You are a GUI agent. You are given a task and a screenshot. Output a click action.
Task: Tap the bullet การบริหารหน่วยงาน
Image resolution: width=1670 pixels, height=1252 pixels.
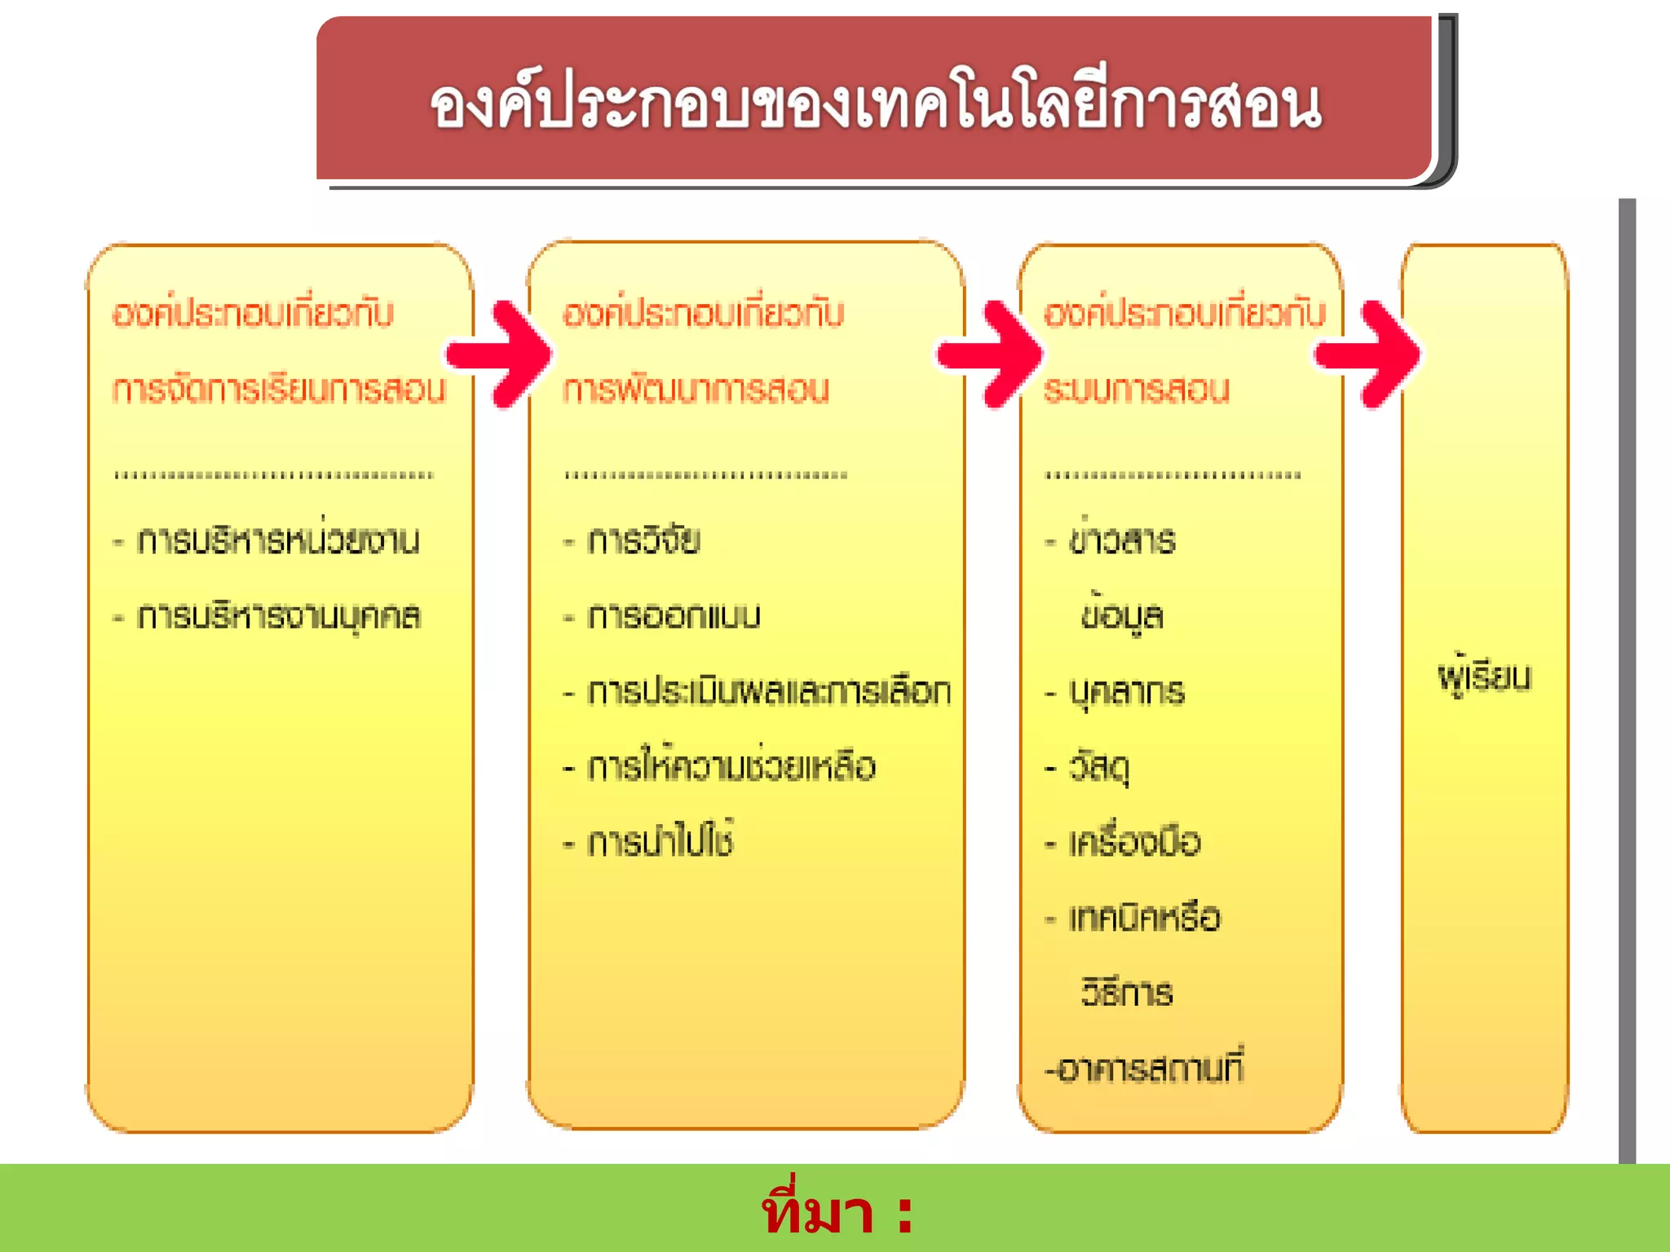pos(277,540)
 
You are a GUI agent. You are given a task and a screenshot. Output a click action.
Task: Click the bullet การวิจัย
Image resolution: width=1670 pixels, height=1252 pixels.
pos(643,540)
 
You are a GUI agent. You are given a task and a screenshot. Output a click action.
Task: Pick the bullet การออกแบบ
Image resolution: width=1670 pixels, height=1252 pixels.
pos(674,616)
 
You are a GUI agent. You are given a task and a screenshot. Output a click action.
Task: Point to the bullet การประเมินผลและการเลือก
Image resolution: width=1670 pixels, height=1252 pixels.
pos(768,691)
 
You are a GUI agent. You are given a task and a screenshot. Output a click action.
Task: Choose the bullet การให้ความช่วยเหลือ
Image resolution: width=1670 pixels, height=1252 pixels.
pos(731,767)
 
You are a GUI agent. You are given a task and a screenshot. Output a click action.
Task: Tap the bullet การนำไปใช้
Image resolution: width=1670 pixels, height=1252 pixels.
pos(660,842)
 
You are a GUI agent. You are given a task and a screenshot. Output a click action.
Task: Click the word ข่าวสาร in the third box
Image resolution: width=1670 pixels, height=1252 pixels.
pos(1122,540)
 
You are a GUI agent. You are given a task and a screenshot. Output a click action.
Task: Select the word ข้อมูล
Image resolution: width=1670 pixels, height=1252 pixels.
pos(1122,616)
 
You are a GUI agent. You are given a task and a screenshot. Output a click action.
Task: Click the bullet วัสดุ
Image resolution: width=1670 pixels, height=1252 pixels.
pos(1099,767)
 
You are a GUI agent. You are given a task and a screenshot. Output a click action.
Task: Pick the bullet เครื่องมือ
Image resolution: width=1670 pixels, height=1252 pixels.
pos(1134,842)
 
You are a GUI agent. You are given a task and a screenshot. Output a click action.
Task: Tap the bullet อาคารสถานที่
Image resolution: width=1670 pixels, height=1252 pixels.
pos(1145,1069)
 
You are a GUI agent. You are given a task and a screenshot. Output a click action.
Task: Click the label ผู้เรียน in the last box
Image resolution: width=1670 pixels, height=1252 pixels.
pos(1484,677)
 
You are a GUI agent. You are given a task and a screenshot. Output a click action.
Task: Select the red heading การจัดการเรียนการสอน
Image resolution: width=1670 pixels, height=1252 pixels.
pos(279,389)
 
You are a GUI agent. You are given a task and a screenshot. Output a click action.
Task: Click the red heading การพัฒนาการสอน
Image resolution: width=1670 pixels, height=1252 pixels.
pos(696,389)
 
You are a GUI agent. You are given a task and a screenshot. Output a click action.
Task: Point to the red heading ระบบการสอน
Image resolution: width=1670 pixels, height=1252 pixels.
pos(1136,389)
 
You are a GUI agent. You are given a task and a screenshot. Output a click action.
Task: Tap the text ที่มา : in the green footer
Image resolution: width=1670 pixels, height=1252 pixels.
pos(837,1212)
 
